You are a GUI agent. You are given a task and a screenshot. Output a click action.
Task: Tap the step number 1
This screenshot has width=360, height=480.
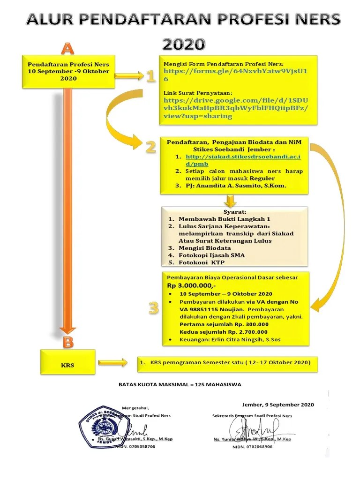coord(150,76)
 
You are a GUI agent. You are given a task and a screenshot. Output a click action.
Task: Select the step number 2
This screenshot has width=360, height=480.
coord(150,147)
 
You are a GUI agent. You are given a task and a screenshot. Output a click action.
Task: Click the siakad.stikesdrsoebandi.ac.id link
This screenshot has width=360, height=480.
coord(242,160)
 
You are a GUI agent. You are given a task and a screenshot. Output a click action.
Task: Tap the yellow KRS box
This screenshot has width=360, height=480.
coord(68,364)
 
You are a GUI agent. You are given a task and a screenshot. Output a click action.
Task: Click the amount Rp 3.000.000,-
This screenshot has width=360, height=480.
coord(191,285)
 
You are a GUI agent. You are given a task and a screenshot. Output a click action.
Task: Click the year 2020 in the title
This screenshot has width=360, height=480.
coord(184,44)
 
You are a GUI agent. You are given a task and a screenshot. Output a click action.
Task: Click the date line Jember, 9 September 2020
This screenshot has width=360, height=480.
coord(278,405)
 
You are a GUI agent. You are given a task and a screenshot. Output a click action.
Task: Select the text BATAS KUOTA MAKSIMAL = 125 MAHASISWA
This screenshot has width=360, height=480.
coord(180,384)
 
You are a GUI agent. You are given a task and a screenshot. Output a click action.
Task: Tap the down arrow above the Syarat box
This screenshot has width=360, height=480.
coord(230,201)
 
